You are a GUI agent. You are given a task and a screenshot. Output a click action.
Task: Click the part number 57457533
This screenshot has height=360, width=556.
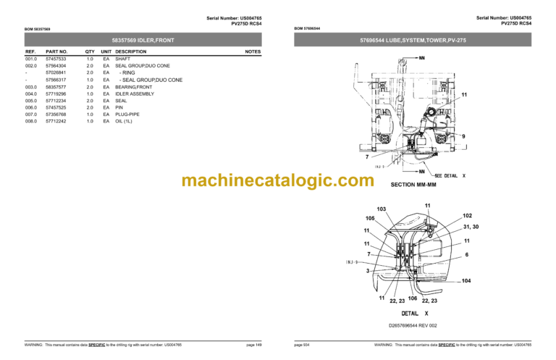pyautogui.click(x=56, y=59)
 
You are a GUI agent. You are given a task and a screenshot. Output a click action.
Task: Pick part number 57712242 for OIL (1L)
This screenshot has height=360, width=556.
pyautogui.click(x=56, y=121)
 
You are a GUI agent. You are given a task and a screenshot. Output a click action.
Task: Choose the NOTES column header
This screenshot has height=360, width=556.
pyautogui.click(x=253, y=51)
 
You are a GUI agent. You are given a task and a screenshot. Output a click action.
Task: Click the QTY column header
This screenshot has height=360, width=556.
pyautogui.click(x=90, y=51)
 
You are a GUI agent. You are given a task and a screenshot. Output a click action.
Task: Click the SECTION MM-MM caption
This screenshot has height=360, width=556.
pyautogui.click(x=412, y=185)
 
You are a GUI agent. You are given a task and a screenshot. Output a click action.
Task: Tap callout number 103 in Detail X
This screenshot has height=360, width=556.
pyautogui.click(x=382, y=209)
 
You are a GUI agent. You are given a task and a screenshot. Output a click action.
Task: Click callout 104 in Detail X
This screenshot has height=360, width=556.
pyautogui.click(x=465, y=280)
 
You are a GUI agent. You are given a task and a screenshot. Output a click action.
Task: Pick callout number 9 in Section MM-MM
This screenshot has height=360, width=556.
pyautogui.click(x=463, y=136)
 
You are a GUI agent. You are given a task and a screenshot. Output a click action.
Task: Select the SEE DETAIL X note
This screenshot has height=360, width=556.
pyautogui.click(x=450, y=176)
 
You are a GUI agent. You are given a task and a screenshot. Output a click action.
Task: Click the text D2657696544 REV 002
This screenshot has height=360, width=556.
pyautogui.click(x=413, y=325)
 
